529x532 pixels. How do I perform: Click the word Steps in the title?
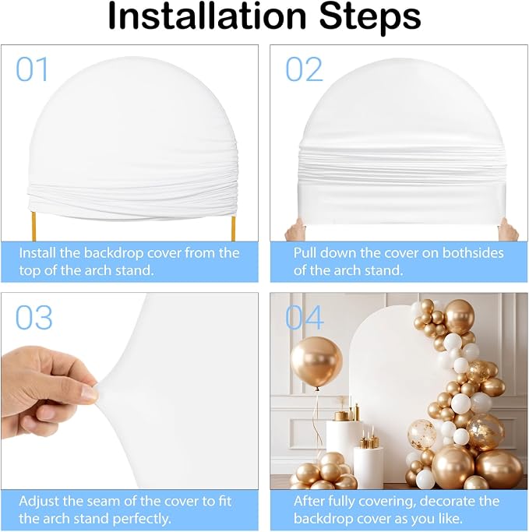pyautogui.click(x=370, y=18)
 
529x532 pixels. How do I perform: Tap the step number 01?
pyautogui.click(x=32, y=69)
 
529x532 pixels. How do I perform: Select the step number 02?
pyautogui.click(x=304, y=69)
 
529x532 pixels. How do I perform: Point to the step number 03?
pyautogui.click(x=34, y=317)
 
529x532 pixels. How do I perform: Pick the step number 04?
pyautogui.click(x=304, y=317)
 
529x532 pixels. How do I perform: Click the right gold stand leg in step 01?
pyautogui.click(x=234, y=229)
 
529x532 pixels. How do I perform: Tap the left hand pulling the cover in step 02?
pyautogui.click(x=294, y=229)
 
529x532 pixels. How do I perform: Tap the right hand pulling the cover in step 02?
pyautogui.click(x=508, y=229)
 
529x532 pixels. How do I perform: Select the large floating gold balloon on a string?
pyautogui.click(x=316, y=362)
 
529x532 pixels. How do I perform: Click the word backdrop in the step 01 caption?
pyautogui.click(x=111, y=253)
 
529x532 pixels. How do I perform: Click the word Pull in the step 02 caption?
pyautogui.click(x=305, y=253)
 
